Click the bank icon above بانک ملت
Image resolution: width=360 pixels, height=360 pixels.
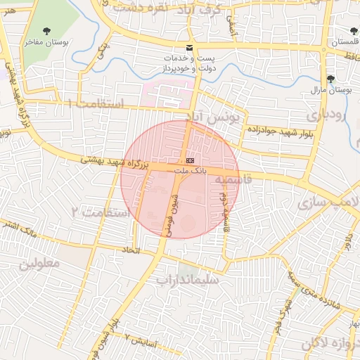coord(190,161)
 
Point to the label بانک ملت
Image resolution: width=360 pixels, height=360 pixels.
coord(190,172)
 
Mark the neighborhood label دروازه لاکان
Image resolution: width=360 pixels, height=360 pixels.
coord(330,343)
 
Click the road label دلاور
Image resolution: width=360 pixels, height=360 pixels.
coord(347,246)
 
